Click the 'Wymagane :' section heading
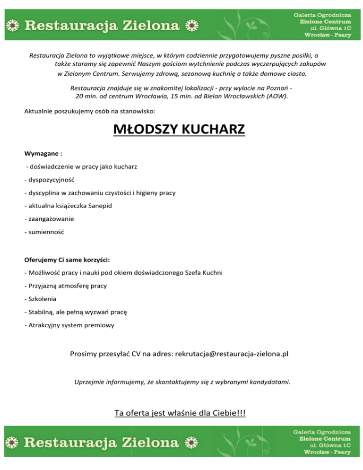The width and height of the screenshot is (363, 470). click(43, 154)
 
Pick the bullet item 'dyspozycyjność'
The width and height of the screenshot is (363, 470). click(48, 180)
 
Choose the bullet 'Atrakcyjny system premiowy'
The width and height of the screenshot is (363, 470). click(68, 325)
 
